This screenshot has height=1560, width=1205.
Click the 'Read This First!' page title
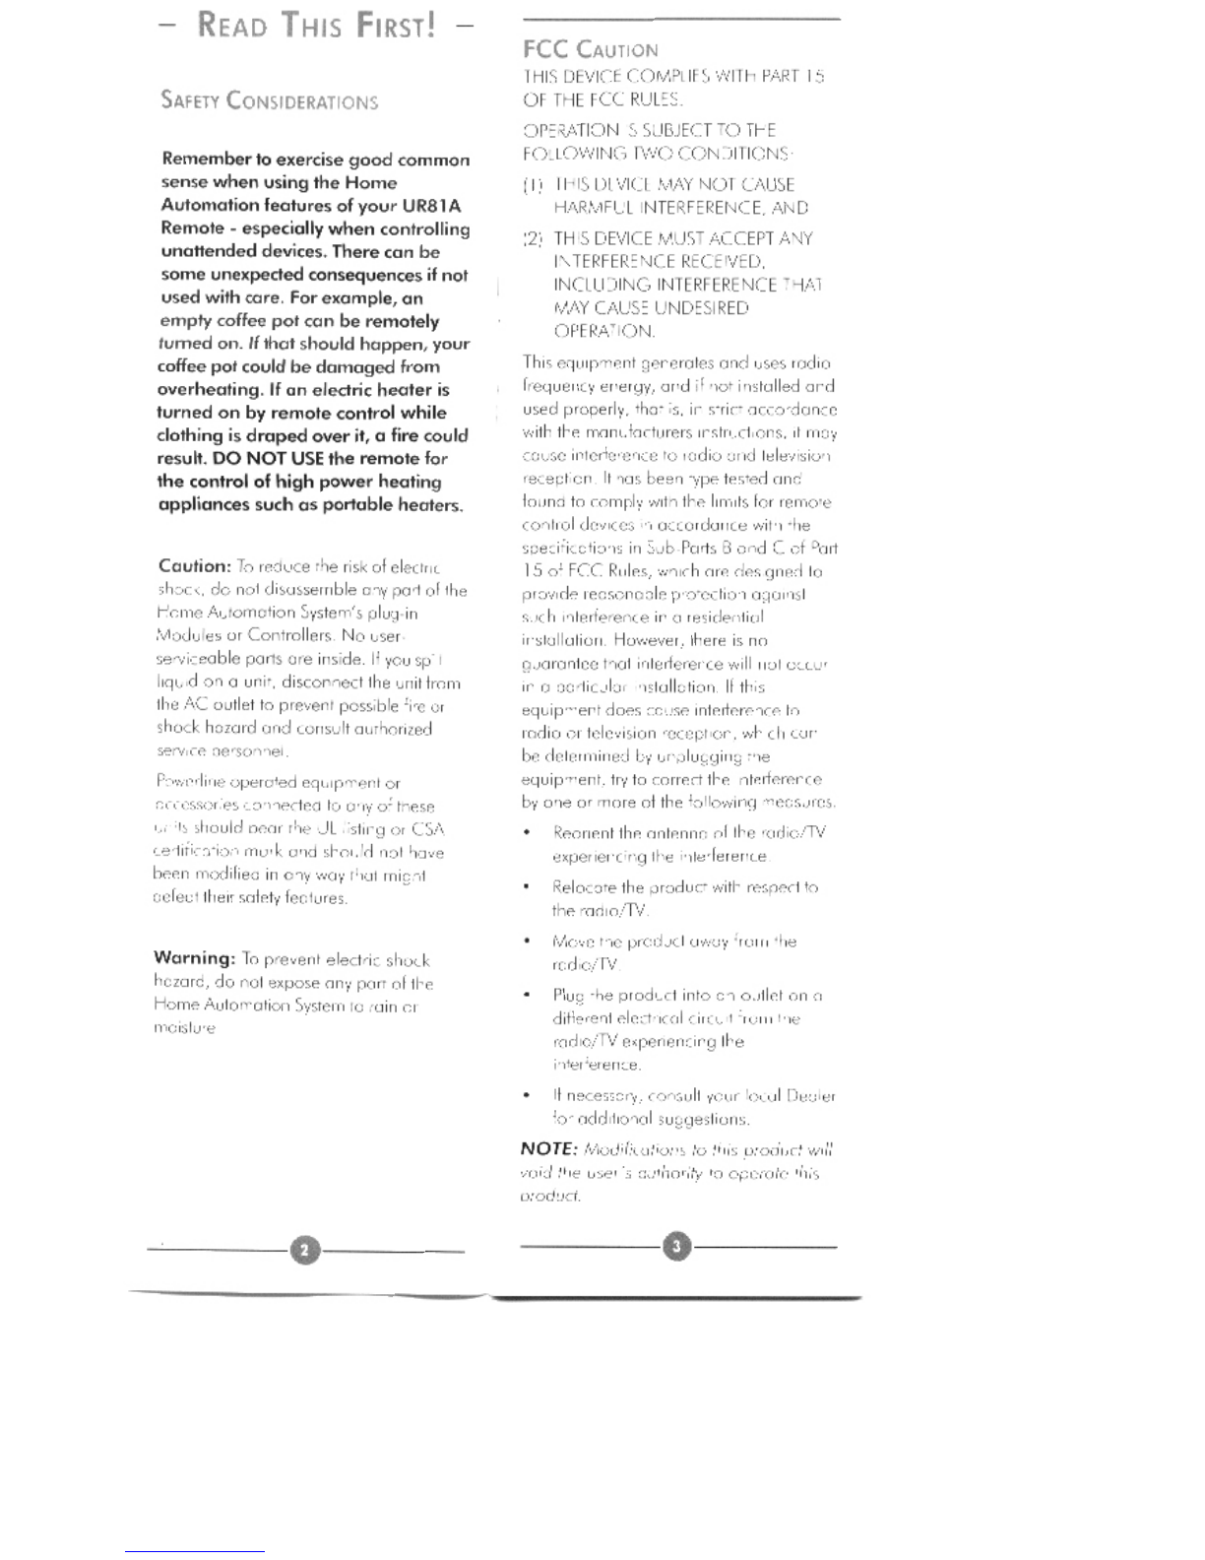[x=316, y=25]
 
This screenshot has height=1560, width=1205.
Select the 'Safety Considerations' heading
[x=269, y=100]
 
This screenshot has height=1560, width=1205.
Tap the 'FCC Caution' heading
[x=590, y=49]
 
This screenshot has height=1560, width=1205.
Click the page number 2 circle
[x=305, y=1250]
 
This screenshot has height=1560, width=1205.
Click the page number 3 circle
[x=676, y=1246]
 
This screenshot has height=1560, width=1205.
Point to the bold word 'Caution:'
[x=194, y=566]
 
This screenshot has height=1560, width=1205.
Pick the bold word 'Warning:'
[x=194, y=958]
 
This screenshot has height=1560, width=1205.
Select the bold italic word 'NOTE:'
[x=548, y=1148]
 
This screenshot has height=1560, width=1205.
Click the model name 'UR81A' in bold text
[x=431, y=206]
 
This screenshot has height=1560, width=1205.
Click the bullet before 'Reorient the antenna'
[x=530, y=833]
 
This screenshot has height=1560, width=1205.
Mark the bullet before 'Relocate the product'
[x=530, y=887]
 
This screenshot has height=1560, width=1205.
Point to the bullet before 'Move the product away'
[x=530, y=942]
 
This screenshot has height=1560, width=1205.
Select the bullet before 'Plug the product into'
[x=530, y=996]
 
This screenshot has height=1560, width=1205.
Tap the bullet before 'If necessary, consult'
[x=530, y=1096]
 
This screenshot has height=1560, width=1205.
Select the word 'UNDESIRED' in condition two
[x=701, y=308]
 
